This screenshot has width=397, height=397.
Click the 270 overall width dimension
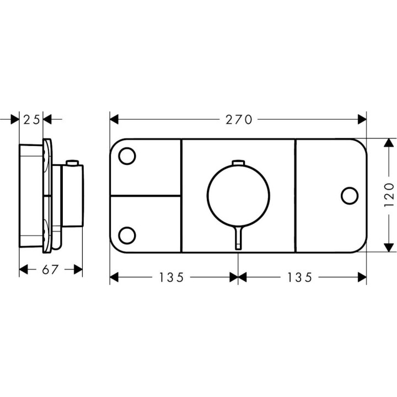pos(238,119)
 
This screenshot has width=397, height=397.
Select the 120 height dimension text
pos(389,195)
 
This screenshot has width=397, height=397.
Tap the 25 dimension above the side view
pos(31,119)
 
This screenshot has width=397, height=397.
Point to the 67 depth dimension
pos(50,269)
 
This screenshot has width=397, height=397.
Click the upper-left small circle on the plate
pos(127,156)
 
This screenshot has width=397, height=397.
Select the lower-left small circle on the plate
pos(127,235)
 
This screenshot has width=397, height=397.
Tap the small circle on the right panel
pos(350,195)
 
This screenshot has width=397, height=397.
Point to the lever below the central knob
pos(238,239)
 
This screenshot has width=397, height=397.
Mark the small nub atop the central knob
pos(238,162)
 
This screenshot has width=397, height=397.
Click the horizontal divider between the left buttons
pos(146,196)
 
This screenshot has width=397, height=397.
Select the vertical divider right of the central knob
pos(296,196)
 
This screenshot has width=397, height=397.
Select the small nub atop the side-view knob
pos(71,163)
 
